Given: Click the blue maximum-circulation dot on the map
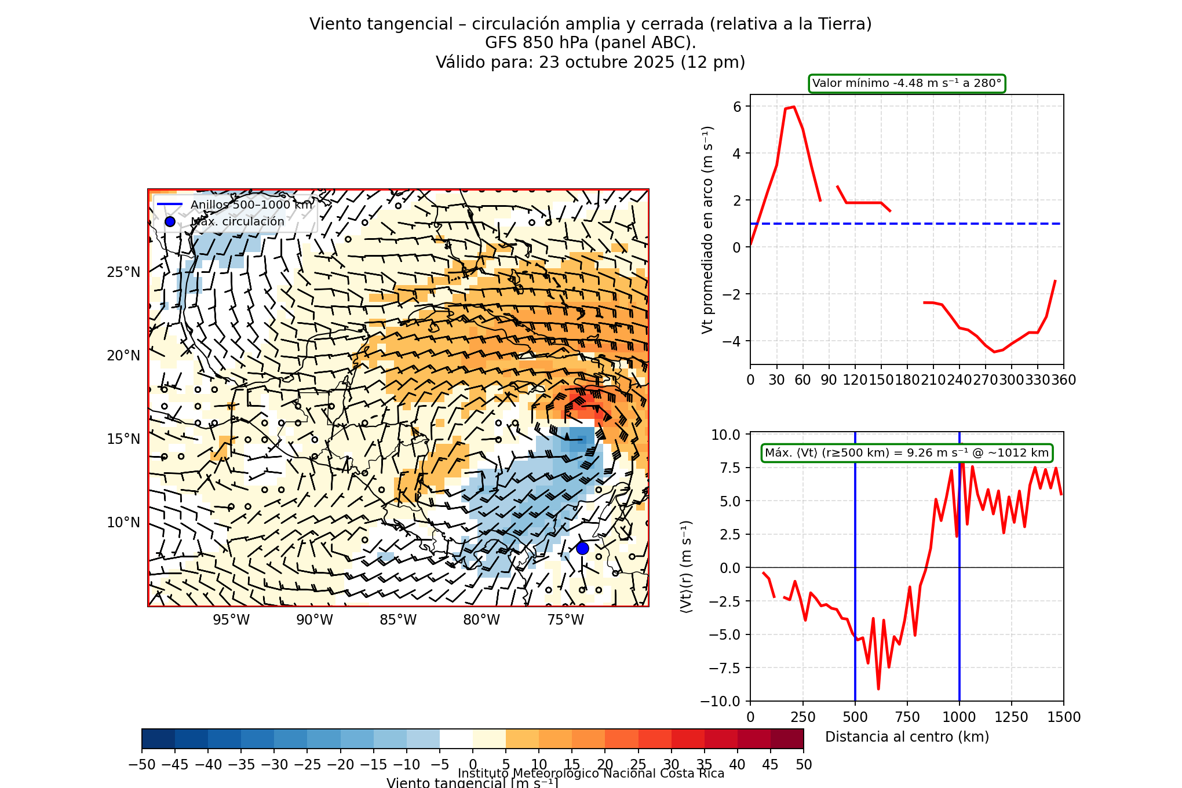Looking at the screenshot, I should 582,548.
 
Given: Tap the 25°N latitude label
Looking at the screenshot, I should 123,272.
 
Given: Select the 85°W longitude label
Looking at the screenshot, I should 398,620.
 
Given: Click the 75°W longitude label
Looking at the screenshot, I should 566,620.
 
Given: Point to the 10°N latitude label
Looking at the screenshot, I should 123,523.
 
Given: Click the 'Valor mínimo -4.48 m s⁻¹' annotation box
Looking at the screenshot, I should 907,83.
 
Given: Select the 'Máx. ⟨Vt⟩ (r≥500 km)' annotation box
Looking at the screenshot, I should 907,453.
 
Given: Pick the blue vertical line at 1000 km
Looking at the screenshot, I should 960,637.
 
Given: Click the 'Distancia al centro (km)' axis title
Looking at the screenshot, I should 907,737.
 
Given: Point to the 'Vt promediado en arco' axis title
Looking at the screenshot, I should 707,229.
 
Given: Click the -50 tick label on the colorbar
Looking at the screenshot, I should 142,765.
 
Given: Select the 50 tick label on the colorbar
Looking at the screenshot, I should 804,765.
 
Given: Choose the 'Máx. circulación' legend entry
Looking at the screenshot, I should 238,221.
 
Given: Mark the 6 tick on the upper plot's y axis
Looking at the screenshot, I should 737,107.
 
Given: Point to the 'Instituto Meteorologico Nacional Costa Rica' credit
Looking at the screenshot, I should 591,774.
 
